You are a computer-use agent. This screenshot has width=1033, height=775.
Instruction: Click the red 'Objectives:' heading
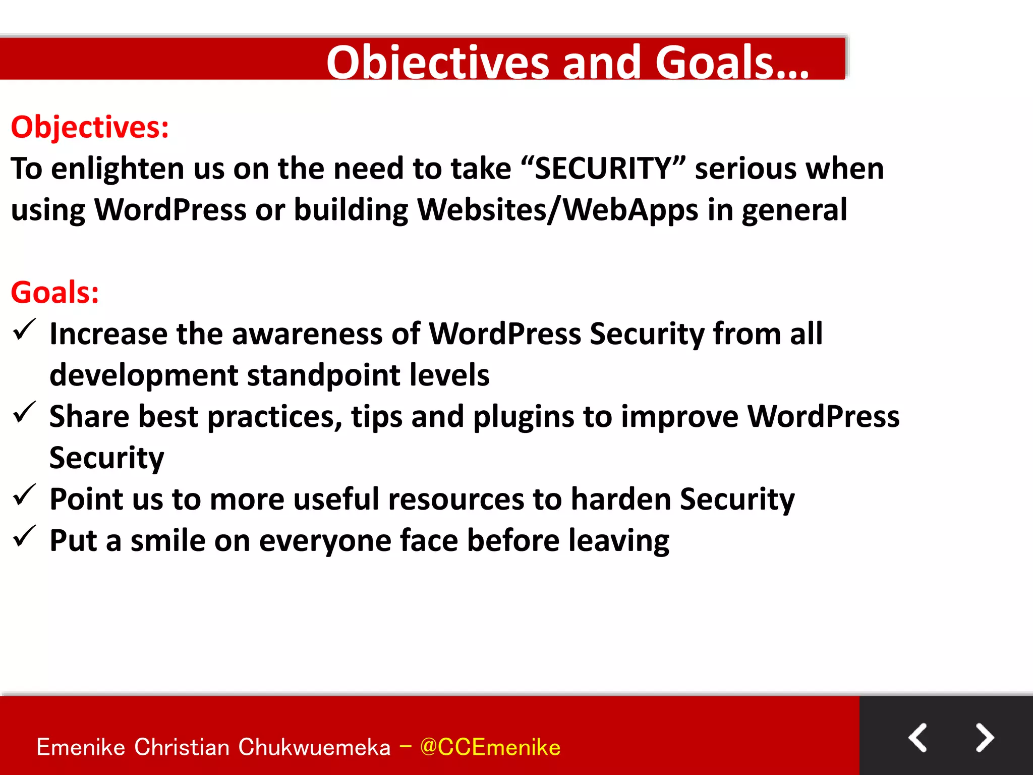[x=90, y=127]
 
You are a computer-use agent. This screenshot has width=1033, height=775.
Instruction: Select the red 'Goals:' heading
[x=55, y=292]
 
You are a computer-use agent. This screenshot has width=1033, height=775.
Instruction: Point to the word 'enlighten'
[x=118, y=169]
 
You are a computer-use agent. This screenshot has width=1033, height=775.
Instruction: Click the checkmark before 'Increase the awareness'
[x=24, y=330]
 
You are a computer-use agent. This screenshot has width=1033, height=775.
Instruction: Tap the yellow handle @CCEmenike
[x=490, y=747]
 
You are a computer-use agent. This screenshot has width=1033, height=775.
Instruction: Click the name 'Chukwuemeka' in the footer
[x=314, y=747]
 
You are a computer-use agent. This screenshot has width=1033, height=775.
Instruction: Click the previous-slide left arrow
[x=917, y=738]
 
